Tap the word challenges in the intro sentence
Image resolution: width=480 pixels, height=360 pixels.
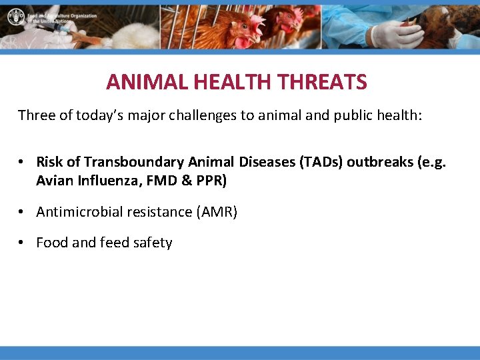click(x=200, y=115)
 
